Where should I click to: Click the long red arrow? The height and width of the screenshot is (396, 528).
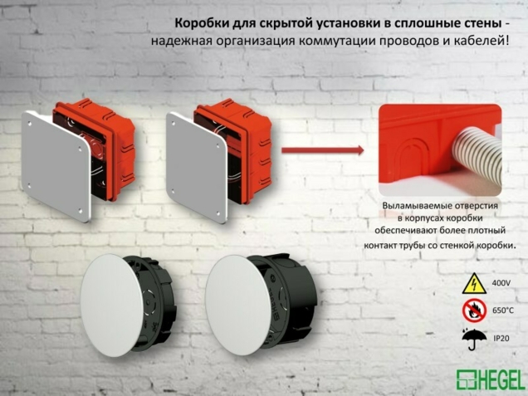[323, 150]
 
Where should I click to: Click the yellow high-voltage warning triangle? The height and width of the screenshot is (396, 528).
[473, 283]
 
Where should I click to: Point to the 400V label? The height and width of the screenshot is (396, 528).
[501, 284]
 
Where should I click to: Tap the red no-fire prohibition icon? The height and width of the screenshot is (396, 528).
[473, 311]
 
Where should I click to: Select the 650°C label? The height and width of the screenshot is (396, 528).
[502, 311]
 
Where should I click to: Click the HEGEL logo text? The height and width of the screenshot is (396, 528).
[501, 379]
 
